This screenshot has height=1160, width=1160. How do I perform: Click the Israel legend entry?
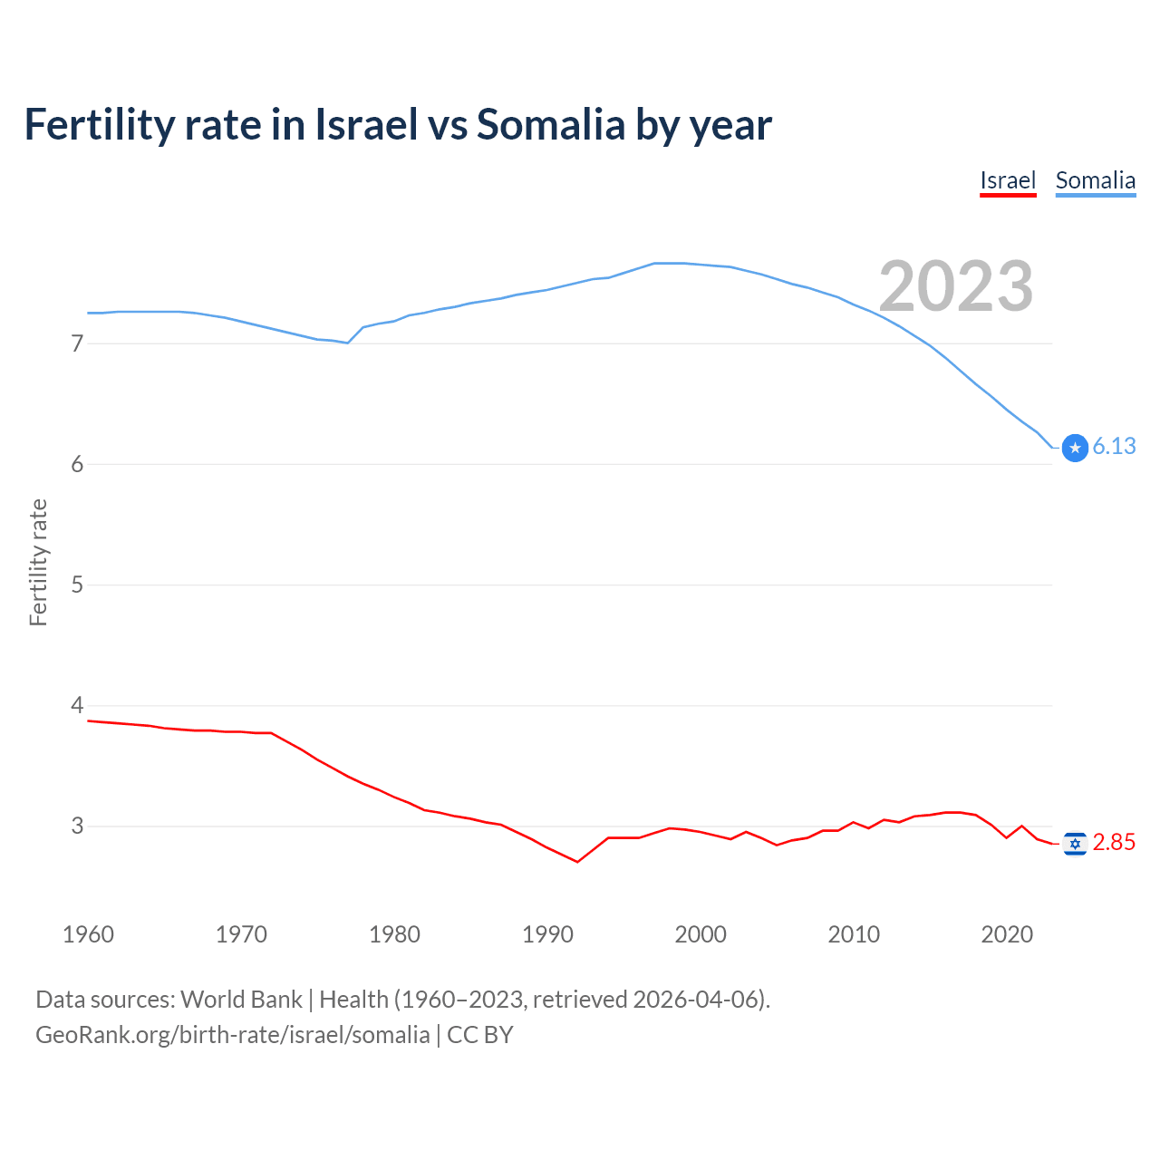pos(1008,180)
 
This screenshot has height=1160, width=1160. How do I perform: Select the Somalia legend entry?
pos(1095,180)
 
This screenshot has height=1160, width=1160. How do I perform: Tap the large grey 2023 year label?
pos(956,286)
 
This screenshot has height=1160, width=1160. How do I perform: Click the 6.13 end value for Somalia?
pos(1114,446)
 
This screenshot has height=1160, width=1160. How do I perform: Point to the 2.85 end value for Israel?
pos(1114,842)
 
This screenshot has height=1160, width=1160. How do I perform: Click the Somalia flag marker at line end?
pos(1075,448)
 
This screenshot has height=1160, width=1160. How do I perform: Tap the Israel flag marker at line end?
pos(1075,844)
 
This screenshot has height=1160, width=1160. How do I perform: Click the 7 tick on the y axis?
pos(77,343)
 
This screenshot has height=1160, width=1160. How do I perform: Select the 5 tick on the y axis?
pos(77,585)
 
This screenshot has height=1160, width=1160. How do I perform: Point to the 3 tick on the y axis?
pos(77,826)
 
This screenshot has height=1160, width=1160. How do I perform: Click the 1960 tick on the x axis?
pos(88,934)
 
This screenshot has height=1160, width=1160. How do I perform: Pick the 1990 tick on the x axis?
pos(547,934)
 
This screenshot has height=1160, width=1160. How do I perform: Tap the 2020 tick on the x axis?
pos(1007,934)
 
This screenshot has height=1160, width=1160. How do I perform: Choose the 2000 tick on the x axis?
pos(701,934)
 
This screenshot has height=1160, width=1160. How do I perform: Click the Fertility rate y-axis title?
pos(38,562)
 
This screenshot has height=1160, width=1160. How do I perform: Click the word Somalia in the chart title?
pos(551,124)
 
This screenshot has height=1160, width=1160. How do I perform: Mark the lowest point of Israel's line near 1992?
pos(577,861)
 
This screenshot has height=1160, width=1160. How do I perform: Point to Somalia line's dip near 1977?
pos(348,343)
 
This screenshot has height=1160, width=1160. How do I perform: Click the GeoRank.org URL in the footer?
pos(232,1035)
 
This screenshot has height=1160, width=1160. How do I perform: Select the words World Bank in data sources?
pos(241,1000)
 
